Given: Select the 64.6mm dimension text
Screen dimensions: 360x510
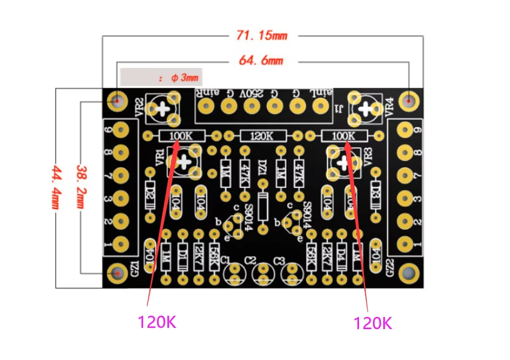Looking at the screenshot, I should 261,61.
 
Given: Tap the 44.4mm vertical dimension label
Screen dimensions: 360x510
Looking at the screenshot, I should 56,187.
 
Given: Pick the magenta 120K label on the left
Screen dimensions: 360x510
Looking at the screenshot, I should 157,322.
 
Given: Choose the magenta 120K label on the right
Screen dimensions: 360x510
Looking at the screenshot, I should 373,322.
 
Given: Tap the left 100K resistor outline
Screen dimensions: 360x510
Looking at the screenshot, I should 182,136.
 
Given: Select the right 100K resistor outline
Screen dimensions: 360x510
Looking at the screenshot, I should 344,136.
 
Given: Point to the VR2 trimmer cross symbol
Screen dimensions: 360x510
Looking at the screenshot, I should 163,108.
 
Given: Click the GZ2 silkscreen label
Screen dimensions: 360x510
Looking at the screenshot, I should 389,267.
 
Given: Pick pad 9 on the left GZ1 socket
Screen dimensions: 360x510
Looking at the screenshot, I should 121,128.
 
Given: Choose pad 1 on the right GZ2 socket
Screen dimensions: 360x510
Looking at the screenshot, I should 403,244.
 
